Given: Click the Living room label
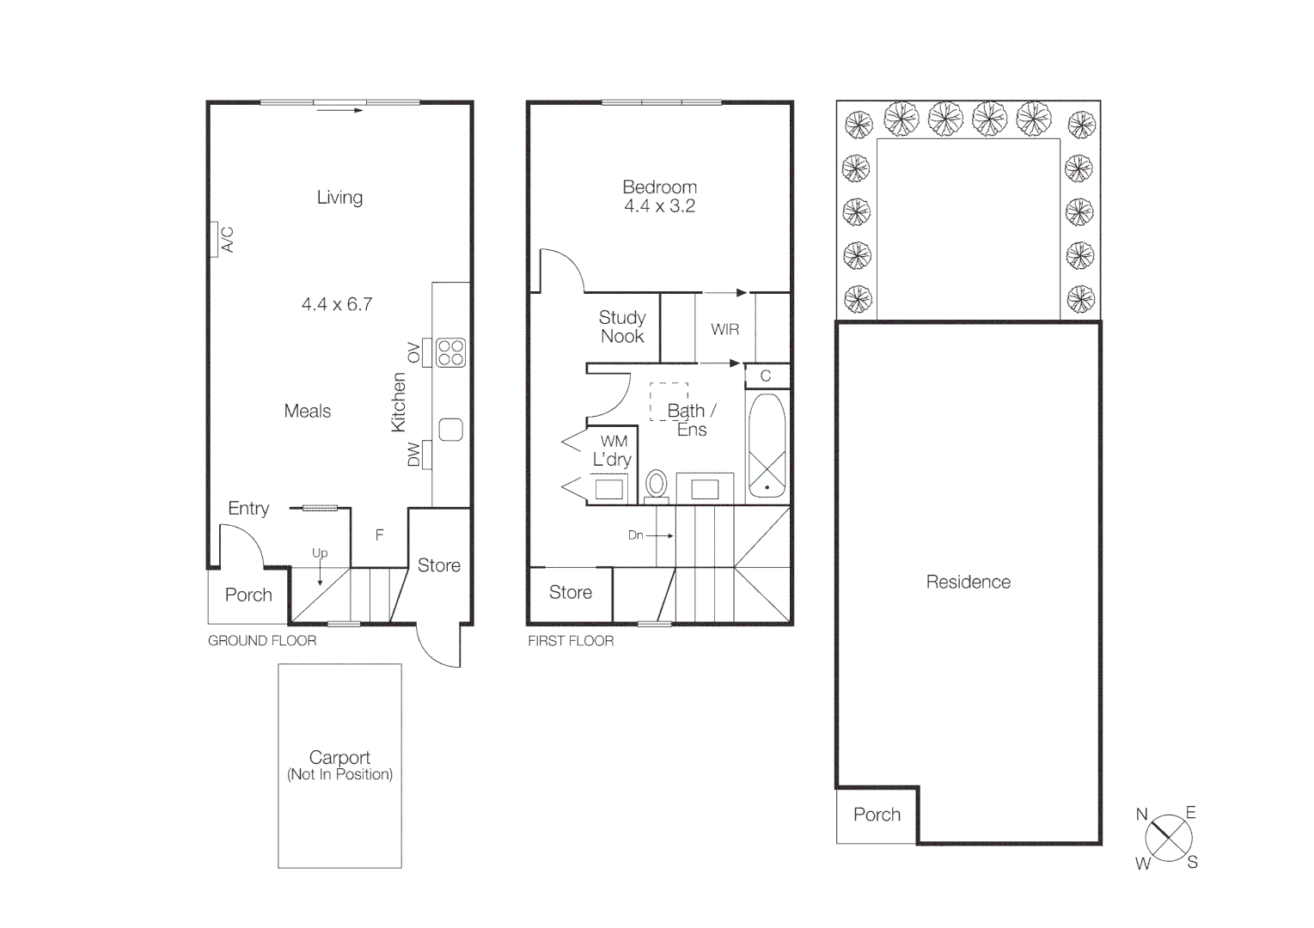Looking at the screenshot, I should point(339,198).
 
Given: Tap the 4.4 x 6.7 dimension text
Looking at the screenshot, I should point(336,304).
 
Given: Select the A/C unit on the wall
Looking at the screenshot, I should point(213,239).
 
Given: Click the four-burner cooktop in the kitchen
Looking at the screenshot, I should point(450,352).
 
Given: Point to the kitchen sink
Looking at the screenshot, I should point(450,430).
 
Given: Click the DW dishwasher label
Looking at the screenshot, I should point(413,455).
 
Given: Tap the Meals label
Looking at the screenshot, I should point(307,412).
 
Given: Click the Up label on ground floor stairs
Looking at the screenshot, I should point(320,553).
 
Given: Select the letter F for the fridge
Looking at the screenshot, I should point(379,535).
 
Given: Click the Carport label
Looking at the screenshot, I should point(339,758).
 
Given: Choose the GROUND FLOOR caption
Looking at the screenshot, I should point(262,641).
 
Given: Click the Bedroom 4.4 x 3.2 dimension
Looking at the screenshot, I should point(659,206).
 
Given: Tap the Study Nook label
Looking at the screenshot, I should point(622,327).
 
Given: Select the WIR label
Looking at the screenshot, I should point(724,330).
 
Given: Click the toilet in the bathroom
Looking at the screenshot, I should point(657,485).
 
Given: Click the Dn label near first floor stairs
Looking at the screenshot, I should point(635,535).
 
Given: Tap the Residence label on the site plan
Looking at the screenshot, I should point(968,583).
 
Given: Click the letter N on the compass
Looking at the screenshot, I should point(1141,815).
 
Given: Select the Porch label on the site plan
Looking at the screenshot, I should point(877,815).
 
